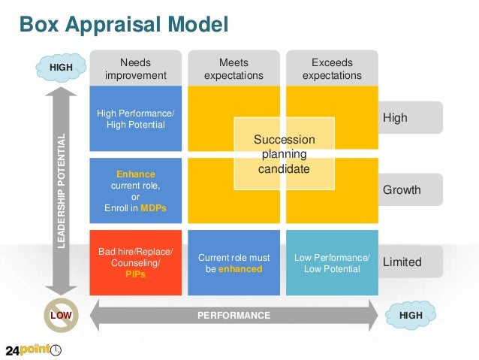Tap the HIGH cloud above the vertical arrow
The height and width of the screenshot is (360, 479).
click(x=61, y=68)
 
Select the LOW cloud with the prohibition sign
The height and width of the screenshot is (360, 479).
click(x=61, y=316)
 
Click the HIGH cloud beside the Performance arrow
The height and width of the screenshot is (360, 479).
click(x=410, y=316)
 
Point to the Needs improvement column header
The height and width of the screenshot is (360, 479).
click(x=136, y=69)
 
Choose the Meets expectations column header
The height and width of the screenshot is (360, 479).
click(x=233, y=69)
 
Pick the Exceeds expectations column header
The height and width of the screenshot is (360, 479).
click(x=332, y=69)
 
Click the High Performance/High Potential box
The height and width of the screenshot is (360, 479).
click(x=136, y=119)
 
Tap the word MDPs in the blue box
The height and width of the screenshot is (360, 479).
click(x=153, y=207)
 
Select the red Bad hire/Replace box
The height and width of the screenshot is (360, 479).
click(x=136, y=262)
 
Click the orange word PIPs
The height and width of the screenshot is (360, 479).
click(x=136, y=275)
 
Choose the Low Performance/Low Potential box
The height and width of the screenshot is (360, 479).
click(x=332, y=262)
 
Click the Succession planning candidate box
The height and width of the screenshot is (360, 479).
click(x=284, y=154)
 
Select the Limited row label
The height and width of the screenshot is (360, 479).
click(x=402, y=262)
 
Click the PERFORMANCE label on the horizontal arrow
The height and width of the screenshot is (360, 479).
click(x=233, y=316)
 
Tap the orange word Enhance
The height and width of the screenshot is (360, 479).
click(x=136, y=174)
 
